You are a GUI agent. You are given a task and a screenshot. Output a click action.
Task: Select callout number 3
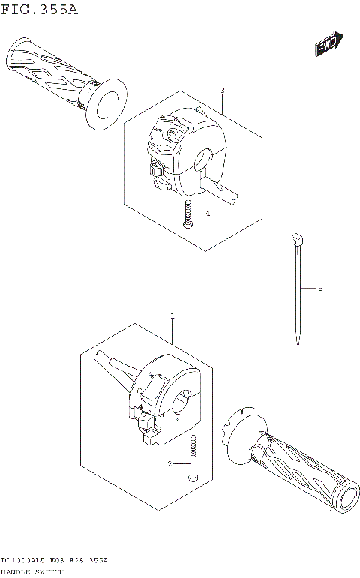[x=222, y=91]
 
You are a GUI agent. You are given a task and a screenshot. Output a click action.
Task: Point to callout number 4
[x=208, y=214]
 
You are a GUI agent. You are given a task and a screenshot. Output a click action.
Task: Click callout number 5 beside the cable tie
[x=319, y=288]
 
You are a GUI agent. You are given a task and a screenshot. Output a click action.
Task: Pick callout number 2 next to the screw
[x=170, y=464]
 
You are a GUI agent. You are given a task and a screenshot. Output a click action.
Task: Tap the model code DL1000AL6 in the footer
[x=22, y=560]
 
